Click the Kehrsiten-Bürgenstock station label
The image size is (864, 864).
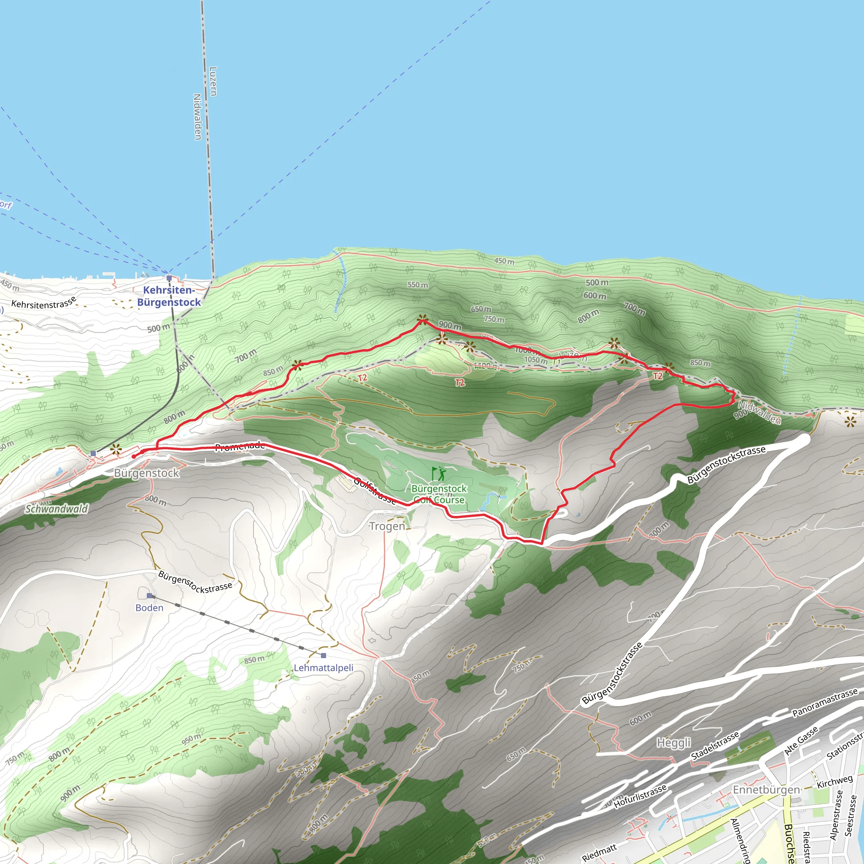point(169,296)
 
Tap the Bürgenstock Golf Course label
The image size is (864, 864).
point(439,494)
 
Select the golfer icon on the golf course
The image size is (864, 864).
point(439,474)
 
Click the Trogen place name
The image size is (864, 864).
point(387,526)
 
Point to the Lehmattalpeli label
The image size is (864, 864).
point(323,668)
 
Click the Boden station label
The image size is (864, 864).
point(149,608)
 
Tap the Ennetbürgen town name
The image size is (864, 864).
point(766,789)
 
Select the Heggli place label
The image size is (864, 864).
point(673,743)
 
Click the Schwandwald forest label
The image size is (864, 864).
point(57,509)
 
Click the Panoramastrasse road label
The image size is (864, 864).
point(825,703)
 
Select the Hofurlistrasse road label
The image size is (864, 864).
point(640,796)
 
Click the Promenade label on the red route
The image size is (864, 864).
point(240,446)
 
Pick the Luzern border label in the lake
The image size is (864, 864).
point(213,81)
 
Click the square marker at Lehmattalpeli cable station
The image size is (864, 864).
point(323,655)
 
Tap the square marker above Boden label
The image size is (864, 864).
point(149,596)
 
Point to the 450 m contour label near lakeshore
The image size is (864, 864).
point(504,261)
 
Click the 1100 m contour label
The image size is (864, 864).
point(486,366)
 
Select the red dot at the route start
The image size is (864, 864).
point(134,456)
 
